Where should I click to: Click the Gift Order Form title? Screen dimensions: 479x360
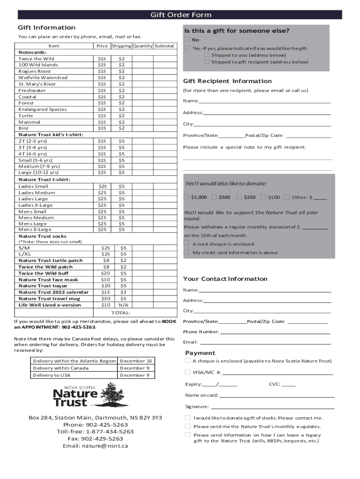click(180, 15)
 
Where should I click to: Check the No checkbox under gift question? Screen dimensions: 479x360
click(187, 40)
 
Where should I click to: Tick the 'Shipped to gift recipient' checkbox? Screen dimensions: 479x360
click(207, 61)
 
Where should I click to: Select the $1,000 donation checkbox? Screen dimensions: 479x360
click(187, 197)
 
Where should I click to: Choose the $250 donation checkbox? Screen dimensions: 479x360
click(239, 197)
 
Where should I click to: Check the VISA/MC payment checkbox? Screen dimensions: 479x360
click(187, 372)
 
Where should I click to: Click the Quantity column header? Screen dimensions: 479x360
click(143, 46)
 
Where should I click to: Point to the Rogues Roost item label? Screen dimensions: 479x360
click(35, 71)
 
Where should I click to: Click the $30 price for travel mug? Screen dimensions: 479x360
click(106, 298)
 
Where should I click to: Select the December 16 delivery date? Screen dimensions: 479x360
click(136, 361)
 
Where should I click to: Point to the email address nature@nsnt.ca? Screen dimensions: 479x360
click(95, 446)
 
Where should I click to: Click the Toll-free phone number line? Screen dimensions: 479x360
click(95, 432)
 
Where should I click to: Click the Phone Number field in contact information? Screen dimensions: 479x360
click(275, 332)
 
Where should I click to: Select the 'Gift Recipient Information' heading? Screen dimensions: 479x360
click(227, 81)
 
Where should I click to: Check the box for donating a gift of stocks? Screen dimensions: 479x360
click(187, 418)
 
